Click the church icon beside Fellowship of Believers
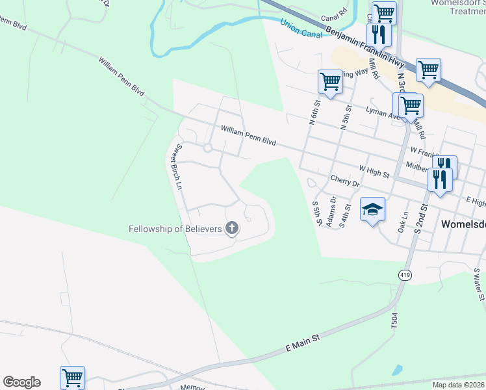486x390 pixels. pos(231,228)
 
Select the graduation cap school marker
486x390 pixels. pos(373,210)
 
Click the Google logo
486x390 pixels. pos(21,382)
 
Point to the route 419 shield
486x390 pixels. pos(405,276)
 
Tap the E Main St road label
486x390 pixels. pos(303,344)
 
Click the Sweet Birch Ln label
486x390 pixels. pos(175,166)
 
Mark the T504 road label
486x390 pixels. pos(394,322)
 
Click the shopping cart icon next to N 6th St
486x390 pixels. pos(330,82)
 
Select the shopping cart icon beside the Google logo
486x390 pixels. pos(72,377)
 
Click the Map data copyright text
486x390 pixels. pos(458,385)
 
